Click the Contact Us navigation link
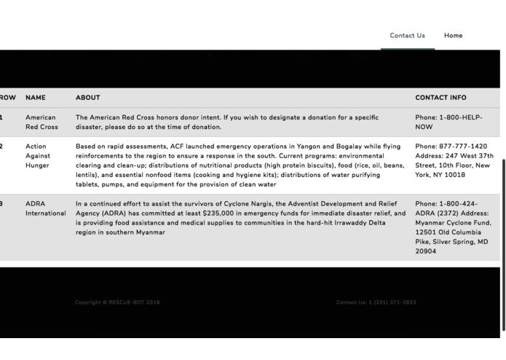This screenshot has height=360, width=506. coord(407,36)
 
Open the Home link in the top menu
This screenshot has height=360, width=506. coord(453,36)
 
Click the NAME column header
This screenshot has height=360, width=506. coord(35,98)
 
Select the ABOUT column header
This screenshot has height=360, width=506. coord(87,98)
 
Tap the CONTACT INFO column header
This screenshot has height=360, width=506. coord(440,98)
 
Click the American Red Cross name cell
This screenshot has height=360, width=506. coord(41,122)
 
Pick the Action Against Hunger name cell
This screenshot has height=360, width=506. coord(37,156)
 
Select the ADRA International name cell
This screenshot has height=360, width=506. coord(45,208)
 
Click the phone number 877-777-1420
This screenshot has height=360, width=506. coord(463,146)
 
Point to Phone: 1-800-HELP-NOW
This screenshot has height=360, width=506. coord(448,122)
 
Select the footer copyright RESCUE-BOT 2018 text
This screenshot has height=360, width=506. coord(117,302)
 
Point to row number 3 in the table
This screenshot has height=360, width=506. coord(2,204)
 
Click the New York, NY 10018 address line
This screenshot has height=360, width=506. coord(440,175)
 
